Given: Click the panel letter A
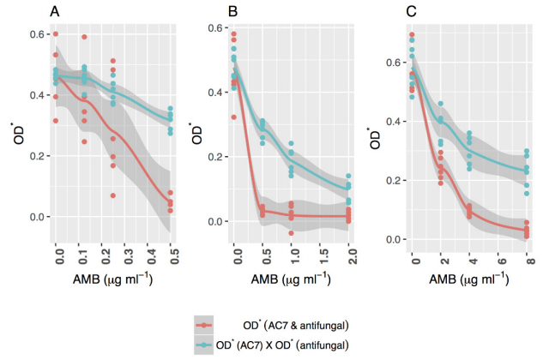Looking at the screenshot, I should click(55, 11).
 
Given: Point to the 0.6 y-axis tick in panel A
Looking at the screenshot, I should click(39, 33).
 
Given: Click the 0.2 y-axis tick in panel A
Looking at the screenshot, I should click(39, 156).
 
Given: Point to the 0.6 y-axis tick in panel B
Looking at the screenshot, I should click(214, 27).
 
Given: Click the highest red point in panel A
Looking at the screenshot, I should click(57, 34).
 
